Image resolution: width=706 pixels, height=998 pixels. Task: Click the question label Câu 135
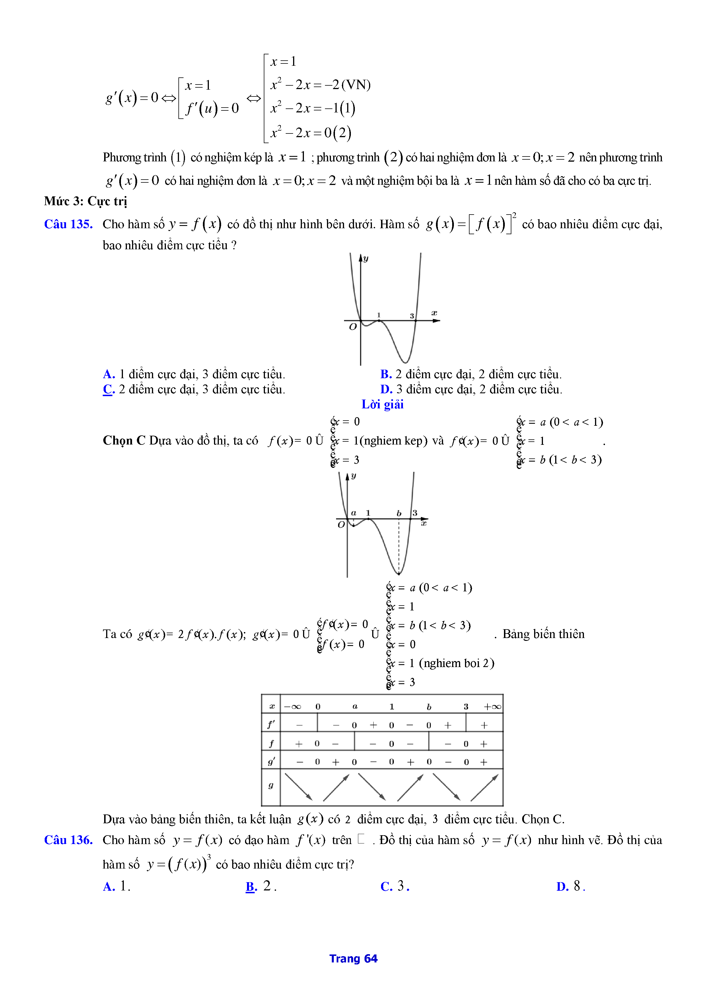68,224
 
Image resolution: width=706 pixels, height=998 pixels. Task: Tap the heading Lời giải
382,405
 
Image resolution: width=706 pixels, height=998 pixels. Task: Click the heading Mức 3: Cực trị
86,201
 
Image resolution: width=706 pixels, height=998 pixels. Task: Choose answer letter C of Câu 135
109,390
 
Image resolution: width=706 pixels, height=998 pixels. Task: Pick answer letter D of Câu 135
386,390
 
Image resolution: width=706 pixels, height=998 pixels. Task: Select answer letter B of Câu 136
251,886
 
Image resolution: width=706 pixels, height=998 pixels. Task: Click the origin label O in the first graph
353,327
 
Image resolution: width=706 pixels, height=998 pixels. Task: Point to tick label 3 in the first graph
412,316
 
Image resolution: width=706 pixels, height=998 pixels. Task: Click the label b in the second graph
399,514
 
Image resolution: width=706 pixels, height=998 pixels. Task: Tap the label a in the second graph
354,513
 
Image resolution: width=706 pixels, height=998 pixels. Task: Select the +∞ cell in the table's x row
493,707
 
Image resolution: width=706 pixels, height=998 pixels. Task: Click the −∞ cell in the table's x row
293,707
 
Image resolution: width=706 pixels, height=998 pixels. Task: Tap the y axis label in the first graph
366,259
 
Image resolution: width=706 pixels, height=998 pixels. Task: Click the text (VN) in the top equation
356,85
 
